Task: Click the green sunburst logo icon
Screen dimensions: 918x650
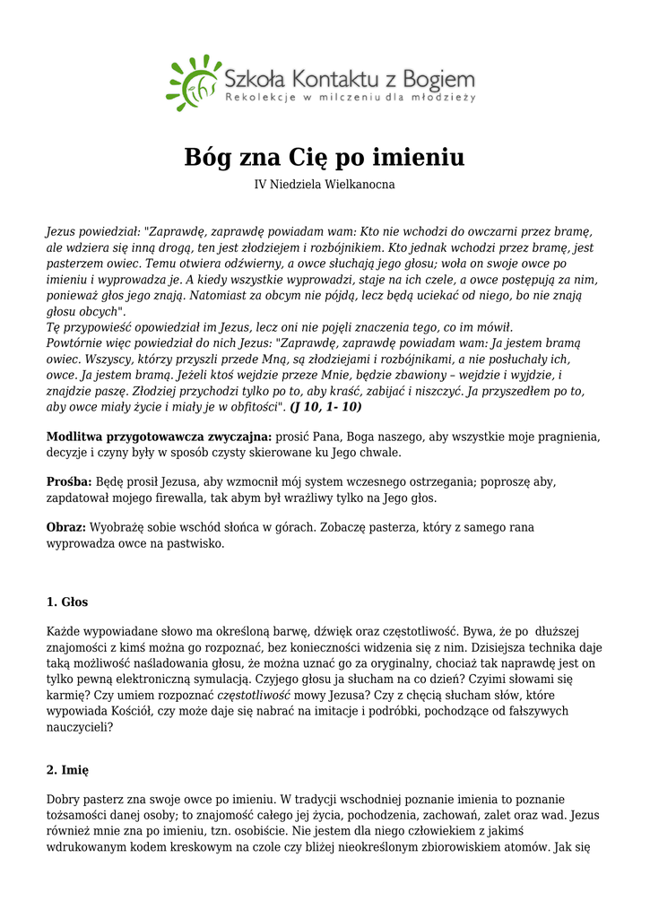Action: [x=192, y=82]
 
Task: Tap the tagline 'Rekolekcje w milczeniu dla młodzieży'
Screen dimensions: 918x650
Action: [x=350, y=97]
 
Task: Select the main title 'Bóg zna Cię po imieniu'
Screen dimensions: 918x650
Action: [x=325, y=158]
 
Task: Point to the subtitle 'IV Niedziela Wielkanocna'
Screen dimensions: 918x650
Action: [x=325, y=185]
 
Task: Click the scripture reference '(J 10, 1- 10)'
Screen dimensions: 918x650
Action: [x=325, y=407]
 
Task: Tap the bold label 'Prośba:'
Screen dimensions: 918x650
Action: [x=68, y=482]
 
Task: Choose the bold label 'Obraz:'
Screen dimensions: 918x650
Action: [x=66, y=527]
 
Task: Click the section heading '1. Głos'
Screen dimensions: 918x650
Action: [x=67, y=602]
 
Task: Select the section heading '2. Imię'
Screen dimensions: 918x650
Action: [x=67, y=769]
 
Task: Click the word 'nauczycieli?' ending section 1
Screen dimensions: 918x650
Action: [x=80, y=727]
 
